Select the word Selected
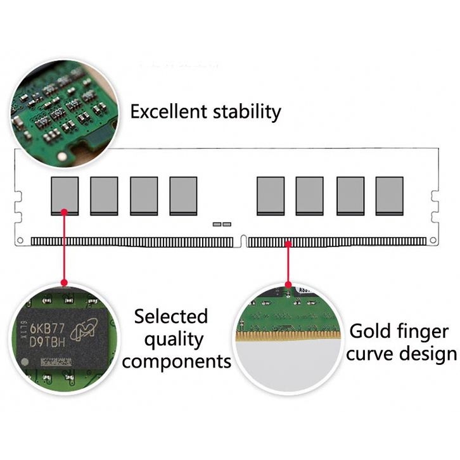click(170, 316)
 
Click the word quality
click(173, 340)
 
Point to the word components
click(177, 362)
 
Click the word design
click(430, 354)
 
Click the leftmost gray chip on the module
click(65, 195)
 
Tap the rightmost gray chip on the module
click(389, 195)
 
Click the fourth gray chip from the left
click(183, 195)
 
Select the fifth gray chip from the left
click(271, 195)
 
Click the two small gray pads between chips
click(222, 224)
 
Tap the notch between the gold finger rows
click(243, 240)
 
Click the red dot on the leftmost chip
click(64, 212)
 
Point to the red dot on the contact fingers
click(289, 242)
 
